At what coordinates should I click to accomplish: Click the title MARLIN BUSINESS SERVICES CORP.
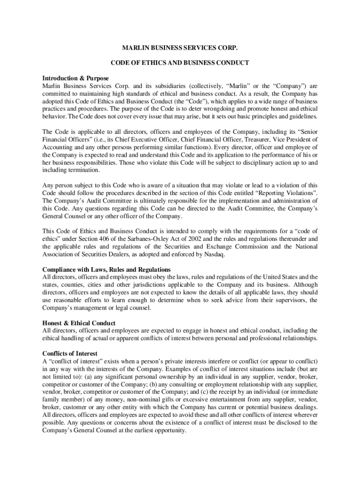(x=180, y=48)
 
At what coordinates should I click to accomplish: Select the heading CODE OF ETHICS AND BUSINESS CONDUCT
(x=180, y=63)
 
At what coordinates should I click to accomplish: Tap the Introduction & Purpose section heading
(x=76, y=78)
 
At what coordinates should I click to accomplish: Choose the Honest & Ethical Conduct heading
(x=79, y=323)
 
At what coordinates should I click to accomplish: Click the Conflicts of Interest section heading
(x=70, y=354)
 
